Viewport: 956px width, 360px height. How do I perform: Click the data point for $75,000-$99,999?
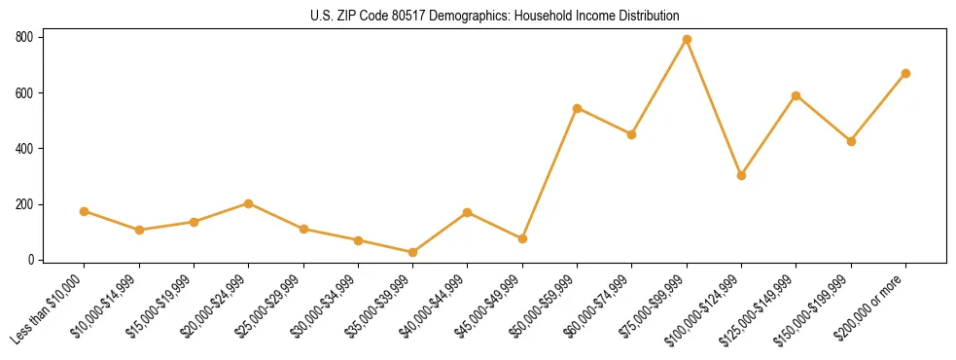687,40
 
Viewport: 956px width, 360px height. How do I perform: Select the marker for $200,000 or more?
905,73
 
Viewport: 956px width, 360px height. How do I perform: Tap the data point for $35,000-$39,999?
413,252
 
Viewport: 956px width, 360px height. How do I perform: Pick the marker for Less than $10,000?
85,211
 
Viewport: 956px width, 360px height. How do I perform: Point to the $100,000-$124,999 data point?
741,176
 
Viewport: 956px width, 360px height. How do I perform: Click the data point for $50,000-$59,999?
578,108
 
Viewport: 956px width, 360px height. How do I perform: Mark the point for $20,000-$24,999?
249,203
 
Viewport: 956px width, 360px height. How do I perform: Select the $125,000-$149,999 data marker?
797,95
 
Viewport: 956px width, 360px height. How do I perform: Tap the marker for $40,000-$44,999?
468,212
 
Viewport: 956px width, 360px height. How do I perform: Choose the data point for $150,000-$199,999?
851,141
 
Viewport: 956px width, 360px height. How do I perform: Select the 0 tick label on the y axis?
31,260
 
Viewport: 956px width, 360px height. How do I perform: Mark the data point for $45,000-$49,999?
522,238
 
